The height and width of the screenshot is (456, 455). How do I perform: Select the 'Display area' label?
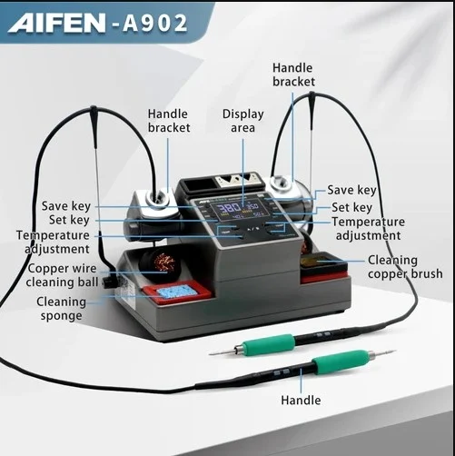(242, 121)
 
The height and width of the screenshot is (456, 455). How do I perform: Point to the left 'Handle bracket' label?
(169, 121)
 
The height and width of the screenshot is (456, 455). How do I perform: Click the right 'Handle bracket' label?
(293, 74)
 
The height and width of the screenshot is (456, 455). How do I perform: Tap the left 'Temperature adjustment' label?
(52, 242)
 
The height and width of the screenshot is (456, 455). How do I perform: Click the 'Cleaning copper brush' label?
(404, 267)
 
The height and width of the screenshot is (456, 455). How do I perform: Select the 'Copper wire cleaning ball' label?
(62, 275)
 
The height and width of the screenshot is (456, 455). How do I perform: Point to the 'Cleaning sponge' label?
(61, 308)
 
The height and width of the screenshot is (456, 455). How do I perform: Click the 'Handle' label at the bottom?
(301, 400)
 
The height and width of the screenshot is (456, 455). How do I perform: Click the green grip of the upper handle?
(272, 343)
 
